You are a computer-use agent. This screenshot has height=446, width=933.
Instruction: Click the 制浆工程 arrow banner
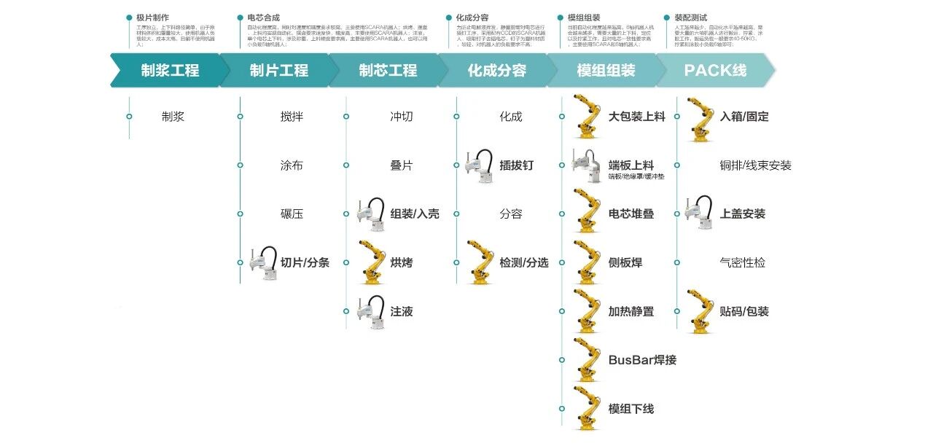170,71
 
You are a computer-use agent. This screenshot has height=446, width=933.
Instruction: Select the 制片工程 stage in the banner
279,71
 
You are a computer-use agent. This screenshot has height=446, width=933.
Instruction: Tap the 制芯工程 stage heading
388,71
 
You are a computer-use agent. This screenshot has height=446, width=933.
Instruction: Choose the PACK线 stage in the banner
714,71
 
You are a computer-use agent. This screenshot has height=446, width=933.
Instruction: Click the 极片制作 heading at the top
152,17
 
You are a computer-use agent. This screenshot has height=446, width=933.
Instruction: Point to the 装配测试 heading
690,17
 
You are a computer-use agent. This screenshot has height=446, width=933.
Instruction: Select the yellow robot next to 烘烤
372,262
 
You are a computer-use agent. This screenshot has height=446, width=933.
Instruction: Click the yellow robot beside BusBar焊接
587,359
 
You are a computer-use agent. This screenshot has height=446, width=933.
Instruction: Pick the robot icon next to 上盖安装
699,213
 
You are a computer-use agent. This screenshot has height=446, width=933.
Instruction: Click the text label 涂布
292,165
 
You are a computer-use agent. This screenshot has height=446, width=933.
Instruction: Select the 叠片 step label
402,165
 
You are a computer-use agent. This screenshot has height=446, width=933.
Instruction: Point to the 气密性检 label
742,262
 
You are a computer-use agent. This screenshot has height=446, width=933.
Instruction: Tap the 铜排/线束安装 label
755,165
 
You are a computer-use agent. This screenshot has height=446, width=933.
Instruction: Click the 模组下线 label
631,409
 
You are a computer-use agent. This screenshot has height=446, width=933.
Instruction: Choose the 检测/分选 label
524,262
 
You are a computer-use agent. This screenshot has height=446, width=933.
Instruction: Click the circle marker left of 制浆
129,117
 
